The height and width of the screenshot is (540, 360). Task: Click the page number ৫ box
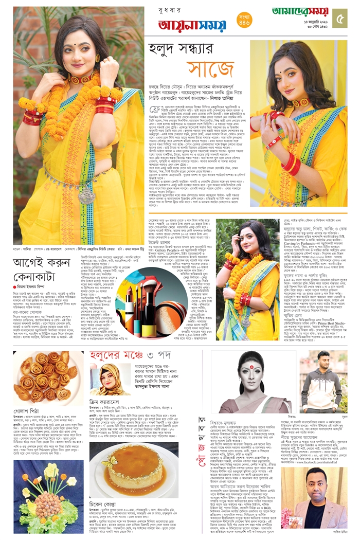340,18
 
